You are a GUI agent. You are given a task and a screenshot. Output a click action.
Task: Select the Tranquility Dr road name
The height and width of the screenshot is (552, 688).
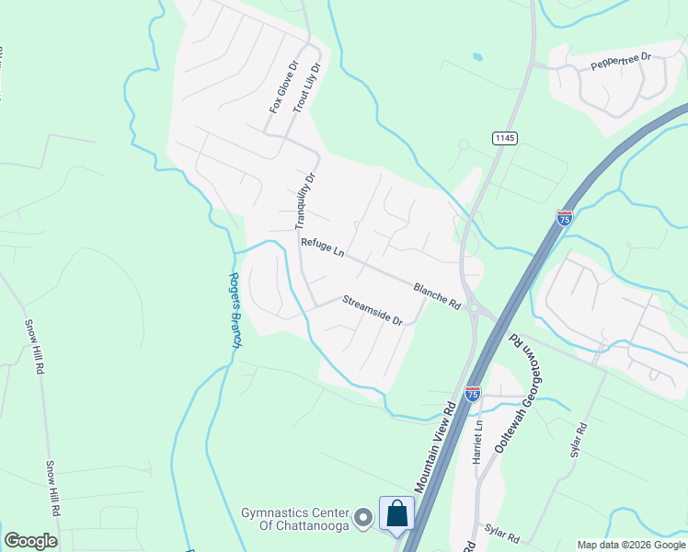pyautogui.click(x=304, y=201)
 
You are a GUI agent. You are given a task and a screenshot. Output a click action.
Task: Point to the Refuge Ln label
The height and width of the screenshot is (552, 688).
pyautogui.click(x=322, y=248)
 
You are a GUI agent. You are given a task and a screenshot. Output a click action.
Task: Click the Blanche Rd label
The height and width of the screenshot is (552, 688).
pyautogui.click(x=436, y=294)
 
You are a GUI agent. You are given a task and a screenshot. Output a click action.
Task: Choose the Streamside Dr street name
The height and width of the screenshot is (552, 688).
pyautogui.click(x=373, y=310)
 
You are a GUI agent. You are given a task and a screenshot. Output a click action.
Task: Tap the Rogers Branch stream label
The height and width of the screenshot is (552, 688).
pyautogui.click(x=235, y=310)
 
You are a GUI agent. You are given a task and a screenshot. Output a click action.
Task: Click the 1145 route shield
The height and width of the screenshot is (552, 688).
pyautogui.click(x=504, y=138)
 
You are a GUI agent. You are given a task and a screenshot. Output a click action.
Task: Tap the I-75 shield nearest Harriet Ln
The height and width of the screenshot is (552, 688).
pyautogui.click(x=473, y=393)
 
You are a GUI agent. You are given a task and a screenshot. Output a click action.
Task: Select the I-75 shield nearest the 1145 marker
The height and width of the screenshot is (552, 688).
pyautogui.click(x=565, y=217)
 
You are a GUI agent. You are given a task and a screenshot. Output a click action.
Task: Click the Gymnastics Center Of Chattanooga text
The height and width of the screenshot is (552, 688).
pyautogui.click(x=295, y=518)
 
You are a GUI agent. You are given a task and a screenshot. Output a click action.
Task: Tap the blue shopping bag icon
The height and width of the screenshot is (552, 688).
pyautogui.click(x=396, y=514)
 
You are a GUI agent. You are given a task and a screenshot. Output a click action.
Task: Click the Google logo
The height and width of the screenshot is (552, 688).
pyautogui.click(x=30, y=540)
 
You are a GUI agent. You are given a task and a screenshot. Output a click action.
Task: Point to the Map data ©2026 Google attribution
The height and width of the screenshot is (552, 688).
pyautogui.click(x=631, y=545)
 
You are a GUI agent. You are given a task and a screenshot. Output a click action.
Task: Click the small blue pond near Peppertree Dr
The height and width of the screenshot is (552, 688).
pyautogui.click(x=477, y=57)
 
